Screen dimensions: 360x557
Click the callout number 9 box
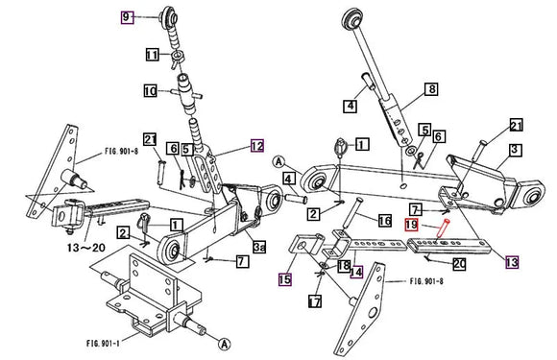[127, 16]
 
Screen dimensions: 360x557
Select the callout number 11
[152, 56]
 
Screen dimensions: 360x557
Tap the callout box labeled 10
[150, 91]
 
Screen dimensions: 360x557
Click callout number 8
[431, 89]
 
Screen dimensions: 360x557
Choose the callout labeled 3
[515, 149]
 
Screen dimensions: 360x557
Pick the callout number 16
[384, 221]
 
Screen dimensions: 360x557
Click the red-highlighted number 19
[410, 224]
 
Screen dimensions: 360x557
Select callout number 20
[459, 263]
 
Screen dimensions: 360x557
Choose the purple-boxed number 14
[355, 272]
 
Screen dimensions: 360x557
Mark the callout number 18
[343, 265]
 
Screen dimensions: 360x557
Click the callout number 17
[315, 300]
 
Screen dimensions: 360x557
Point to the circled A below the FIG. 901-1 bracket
[224, 343]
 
